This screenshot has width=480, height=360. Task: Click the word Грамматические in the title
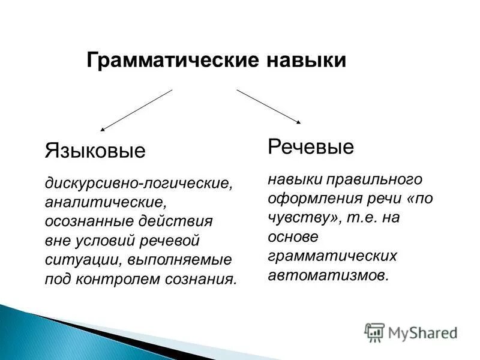(163, 61)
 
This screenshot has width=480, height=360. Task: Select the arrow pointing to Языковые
(136, 110)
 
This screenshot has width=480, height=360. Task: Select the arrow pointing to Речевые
(269, 106)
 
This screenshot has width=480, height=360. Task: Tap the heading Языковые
(95, 150)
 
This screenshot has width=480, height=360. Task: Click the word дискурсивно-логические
(137, 181)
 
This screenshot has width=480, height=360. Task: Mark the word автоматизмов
(329, 276)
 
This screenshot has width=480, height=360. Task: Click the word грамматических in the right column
(332, 257)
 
